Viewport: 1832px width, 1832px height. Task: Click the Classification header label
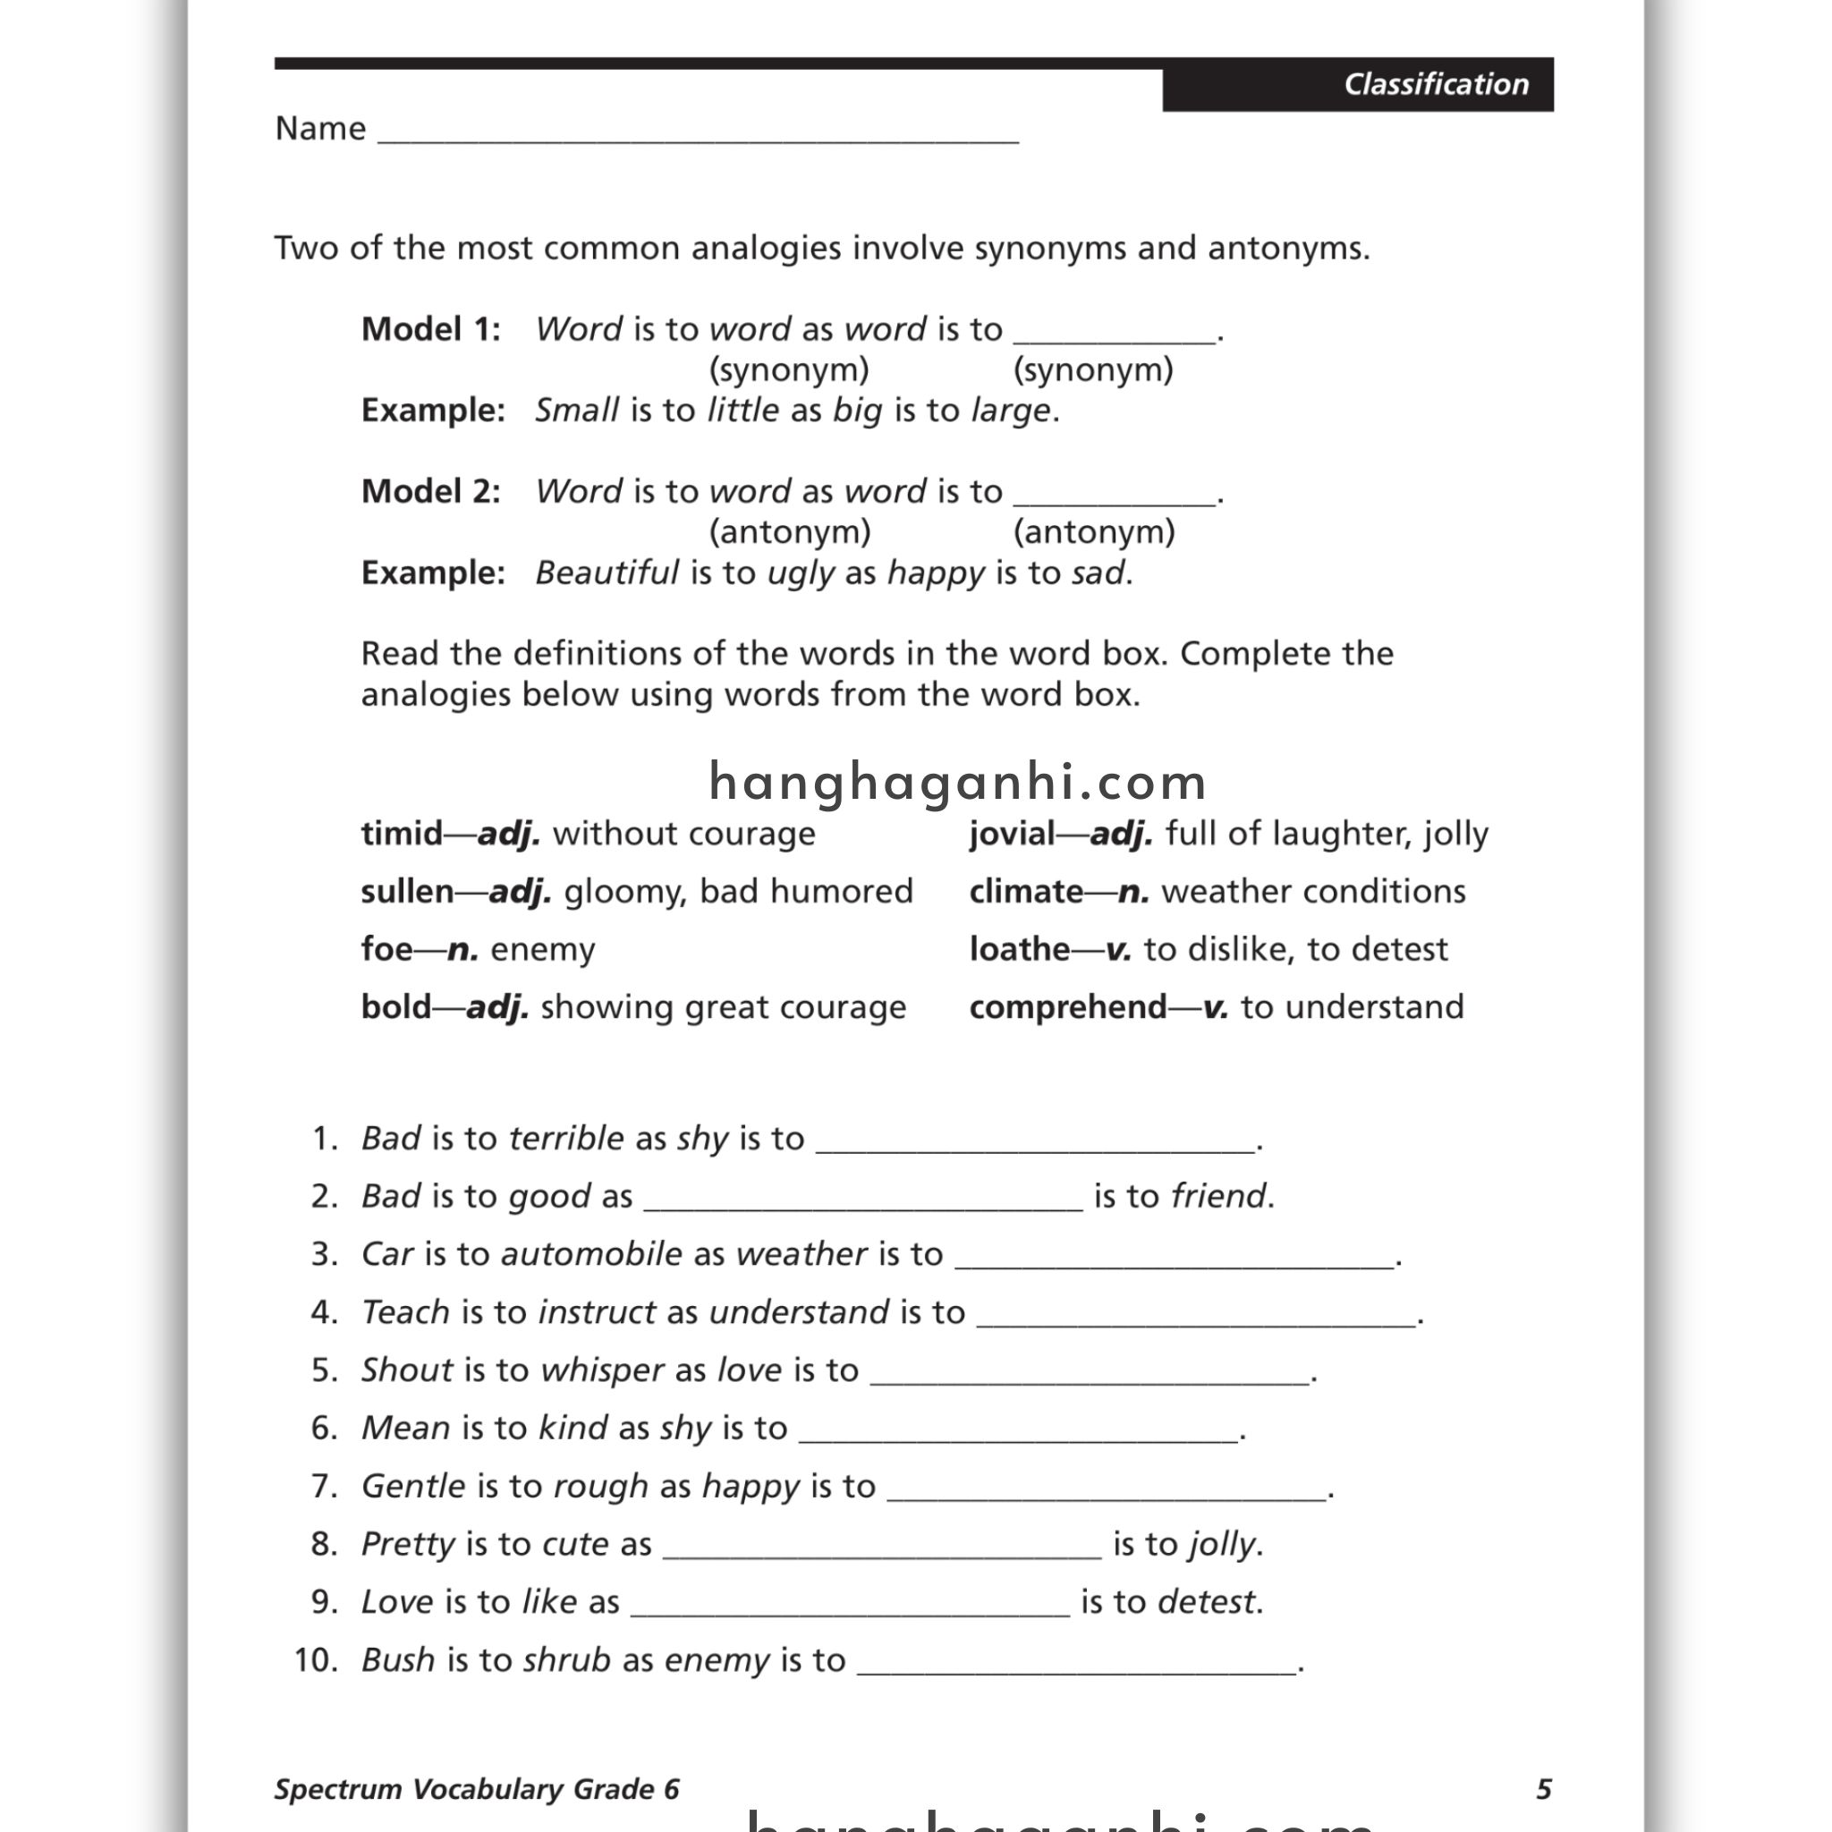coord(1436,84)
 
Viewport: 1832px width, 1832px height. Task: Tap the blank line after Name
coord(698,132)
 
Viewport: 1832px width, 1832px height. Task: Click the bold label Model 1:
coord(430,329)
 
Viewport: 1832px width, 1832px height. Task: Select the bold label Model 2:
coord(430,491)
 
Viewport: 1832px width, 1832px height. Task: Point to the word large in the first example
coord(1011,411)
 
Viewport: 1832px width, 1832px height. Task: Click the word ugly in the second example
coord(801,573)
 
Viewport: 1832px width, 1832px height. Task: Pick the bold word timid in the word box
coord(401,834)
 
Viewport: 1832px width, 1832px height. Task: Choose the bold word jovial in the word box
coord(1011,834)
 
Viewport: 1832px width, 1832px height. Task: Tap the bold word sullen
coord(407,891)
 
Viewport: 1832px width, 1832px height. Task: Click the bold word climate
coord(1026,891)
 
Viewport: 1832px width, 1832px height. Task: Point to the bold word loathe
coord(1020,949)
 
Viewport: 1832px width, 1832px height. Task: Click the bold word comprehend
coord(1068,1007)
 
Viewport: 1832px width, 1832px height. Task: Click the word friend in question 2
coord(1218,1197)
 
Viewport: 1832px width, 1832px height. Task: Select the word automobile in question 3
coord(590,1254)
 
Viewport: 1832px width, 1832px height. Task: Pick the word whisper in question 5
coord(602,1370)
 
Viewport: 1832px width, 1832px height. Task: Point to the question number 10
coord(316,1660)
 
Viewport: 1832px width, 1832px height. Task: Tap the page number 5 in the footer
coord(1544,1789)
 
